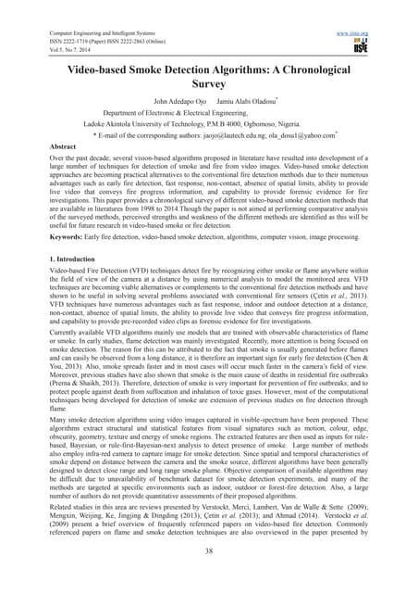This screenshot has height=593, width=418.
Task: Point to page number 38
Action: coord(209,574)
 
